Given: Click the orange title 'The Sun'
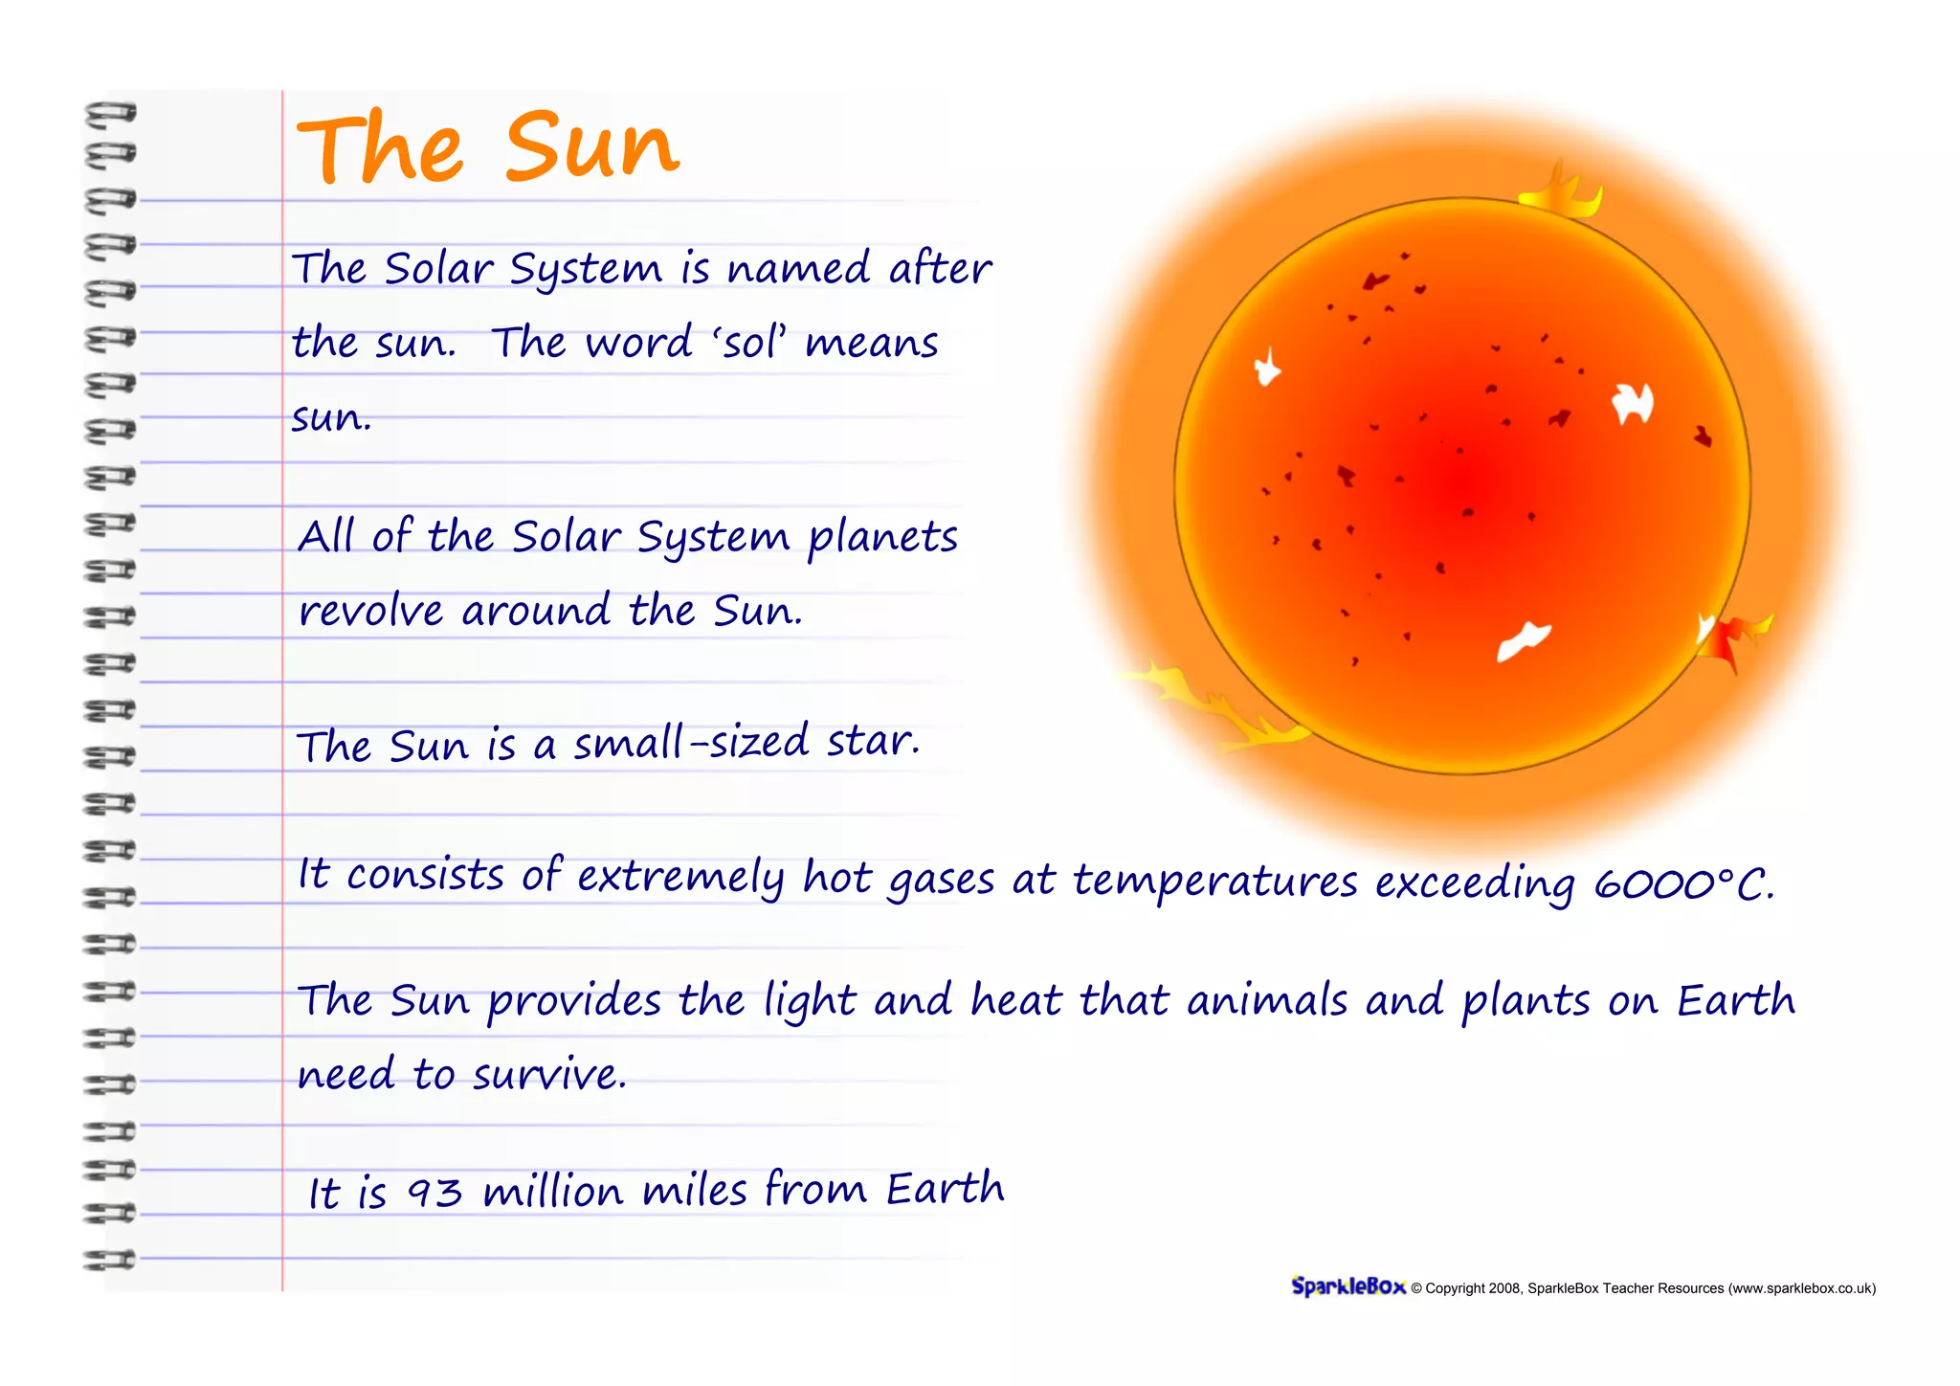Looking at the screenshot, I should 488,148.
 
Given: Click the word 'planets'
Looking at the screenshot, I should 881,538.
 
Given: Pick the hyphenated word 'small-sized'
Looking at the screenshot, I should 691,743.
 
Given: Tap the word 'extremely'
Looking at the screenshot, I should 680,877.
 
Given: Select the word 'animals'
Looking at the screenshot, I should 1266,1001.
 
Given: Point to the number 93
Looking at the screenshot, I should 434,1193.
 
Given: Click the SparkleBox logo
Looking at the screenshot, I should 1347,1286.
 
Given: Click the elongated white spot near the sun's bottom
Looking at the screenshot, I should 1524,640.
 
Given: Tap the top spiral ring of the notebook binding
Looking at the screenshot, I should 110,114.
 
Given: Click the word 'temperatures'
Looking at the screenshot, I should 1214,882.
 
